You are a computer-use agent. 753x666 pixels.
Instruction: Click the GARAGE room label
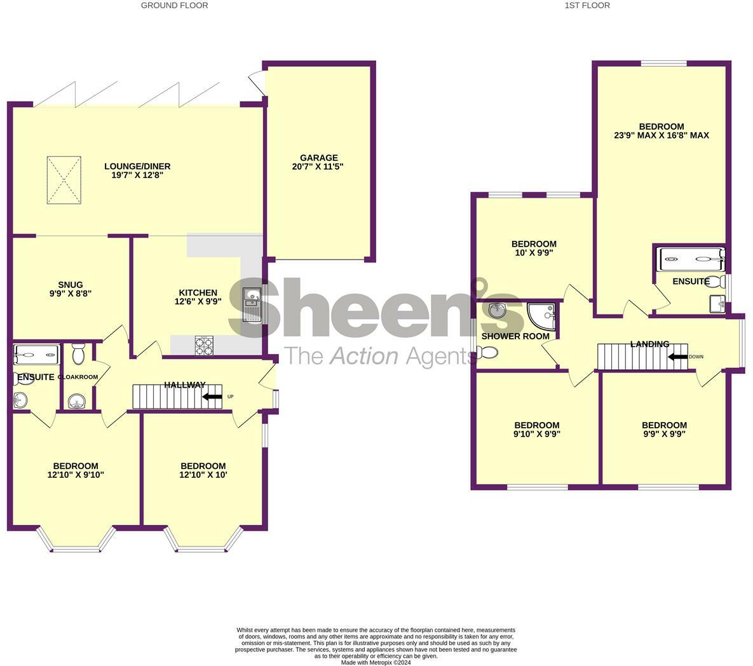pos(319,158)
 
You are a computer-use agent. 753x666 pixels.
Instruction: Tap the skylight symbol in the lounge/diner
pos(64,180)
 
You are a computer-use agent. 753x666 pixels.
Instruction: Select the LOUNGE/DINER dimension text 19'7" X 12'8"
pos(137,175)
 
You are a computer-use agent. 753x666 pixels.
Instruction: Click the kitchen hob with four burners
pos(203,346)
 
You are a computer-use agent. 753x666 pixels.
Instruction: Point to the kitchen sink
pos(252,303)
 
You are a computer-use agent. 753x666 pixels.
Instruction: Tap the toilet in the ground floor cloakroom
pos(78,354)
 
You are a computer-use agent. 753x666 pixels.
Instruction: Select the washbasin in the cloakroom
pos(77,402)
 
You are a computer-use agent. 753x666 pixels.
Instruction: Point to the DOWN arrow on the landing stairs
pos(677,357)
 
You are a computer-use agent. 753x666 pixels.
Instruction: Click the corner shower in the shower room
pos(542,316)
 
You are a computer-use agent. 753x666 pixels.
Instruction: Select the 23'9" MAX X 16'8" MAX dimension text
pos(661,135)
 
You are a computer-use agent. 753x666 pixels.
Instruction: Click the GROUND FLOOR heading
pos(174,5)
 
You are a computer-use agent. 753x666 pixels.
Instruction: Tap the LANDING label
pos(649,344)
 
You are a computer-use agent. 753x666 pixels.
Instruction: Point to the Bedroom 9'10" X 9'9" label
pos(536,425)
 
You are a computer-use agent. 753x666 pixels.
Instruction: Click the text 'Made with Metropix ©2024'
pos(376,662)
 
